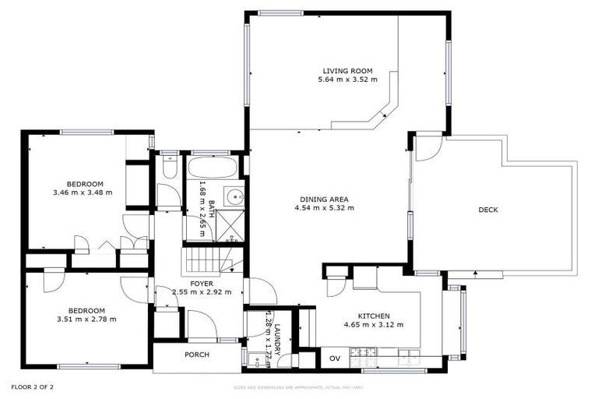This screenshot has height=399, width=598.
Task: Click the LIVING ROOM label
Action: click(347, 69)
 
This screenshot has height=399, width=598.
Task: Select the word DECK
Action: click(488, 210)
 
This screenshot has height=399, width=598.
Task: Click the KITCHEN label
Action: click(362, 316)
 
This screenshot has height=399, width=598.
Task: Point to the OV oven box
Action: click(336, 358)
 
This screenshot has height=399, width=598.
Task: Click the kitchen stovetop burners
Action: click(362, 356)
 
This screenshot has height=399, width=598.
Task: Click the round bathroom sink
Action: click(230, 195)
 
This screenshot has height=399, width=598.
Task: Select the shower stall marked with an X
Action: click(230, 223)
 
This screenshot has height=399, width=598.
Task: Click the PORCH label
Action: click(196, 355)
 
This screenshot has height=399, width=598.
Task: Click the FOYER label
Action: click(202, 283)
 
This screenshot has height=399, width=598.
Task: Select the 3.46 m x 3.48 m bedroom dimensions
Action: click(83, 192)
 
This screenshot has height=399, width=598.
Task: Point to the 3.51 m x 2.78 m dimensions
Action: click(86, 319)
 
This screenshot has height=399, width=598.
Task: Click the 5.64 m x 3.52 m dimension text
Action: click(347, 79)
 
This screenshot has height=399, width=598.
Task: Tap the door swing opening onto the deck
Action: click(427, 148)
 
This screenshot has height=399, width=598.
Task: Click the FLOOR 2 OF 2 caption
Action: click(32, 387)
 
